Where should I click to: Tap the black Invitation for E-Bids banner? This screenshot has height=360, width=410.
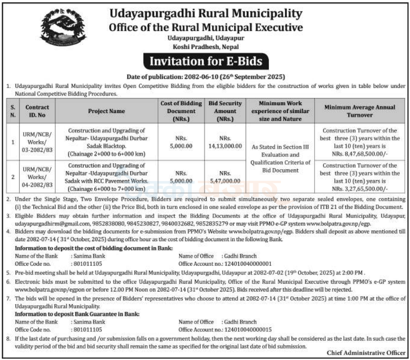205,61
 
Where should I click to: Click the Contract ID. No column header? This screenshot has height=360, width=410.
37,111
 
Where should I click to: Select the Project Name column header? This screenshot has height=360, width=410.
107,111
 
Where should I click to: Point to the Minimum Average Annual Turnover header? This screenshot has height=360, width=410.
360,111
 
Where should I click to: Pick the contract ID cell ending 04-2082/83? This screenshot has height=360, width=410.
37,177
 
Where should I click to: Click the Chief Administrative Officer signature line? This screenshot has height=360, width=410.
366,352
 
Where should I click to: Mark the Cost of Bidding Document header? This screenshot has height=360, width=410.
181,111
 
